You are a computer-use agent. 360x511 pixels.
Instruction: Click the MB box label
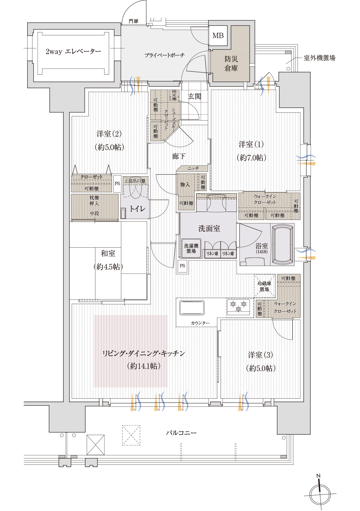[218, 35]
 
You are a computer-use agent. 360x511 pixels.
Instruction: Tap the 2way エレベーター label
[73, 51]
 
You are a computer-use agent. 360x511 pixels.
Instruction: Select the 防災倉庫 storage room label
[231, 64]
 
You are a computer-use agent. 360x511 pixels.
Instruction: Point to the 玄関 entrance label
[194, 96]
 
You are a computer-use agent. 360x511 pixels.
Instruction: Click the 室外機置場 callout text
[319, 58]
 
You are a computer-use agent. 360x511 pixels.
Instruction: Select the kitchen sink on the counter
[192, 308]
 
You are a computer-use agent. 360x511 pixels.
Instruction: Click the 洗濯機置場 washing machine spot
[191, 249]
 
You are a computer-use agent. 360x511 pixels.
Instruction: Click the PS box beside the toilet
[117, 183]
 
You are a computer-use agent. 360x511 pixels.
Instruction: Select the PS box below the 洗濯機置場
[182, 266]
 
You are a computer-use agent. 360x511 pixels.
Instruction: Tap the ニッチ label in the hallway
[193, 168]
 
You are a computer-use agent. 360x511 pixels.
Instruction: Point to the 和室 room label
[108, 253]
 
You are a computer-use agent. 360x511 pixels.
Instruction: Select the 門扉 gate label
[134, 21]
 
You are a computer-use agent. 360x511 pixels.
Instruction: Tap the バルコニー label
[181, 433]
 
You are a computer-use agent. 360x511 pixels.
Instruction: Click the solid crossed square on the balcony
[96, 445]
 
